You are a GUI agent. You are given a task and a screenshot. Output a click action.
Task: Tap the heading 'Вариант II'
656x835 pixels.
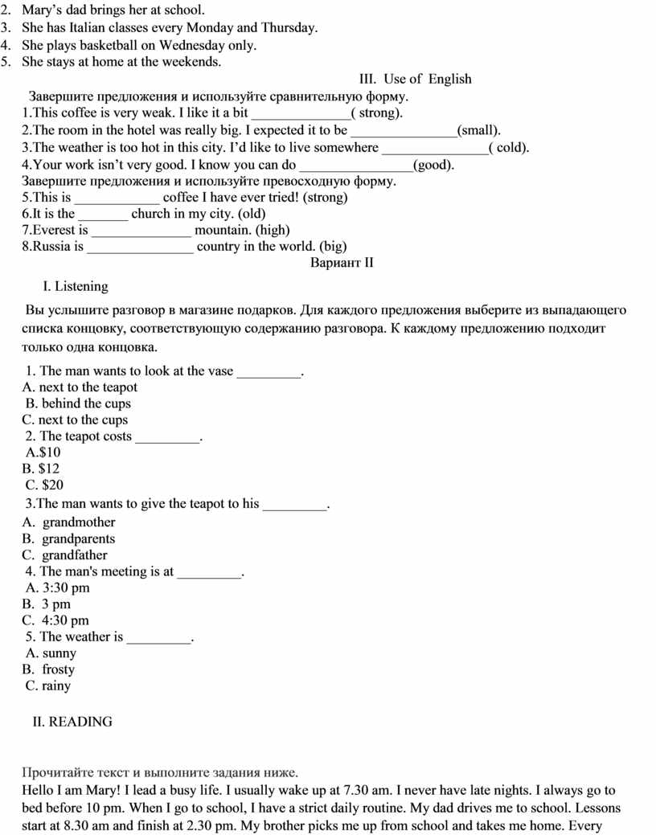click(342, 263)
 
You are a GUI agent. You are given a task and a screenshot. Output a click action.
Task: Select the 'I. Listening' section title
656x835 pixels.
click(75, 286)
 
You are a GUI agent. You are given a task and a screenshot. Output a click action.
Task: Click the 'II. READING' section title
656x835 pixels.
click(72, 722)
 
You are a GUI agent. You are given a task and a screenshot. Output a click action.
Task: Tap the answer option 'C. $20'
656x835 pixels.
click(44, 485)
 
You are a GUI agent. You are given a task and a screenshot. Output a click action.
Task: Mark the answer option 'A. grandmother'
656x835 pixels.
click(69, 522)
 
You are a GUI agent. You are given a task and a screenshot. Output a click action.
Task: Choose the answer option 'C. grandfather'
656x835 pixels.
click(65, 555)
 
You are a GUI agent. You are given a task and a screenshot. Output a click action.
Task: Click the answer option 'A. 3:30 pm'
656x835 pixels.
click(58, 588)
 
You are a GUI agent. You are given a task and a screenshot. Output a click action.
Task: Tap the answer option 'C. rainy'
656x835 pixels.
click(48, 686)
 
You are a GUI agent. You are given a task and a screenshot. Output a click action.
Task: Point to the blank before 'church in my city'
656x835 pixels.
click(103, 215)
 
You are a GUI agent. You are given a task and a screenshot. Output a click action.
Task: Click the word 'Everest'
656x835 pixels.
click(54, 231)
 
